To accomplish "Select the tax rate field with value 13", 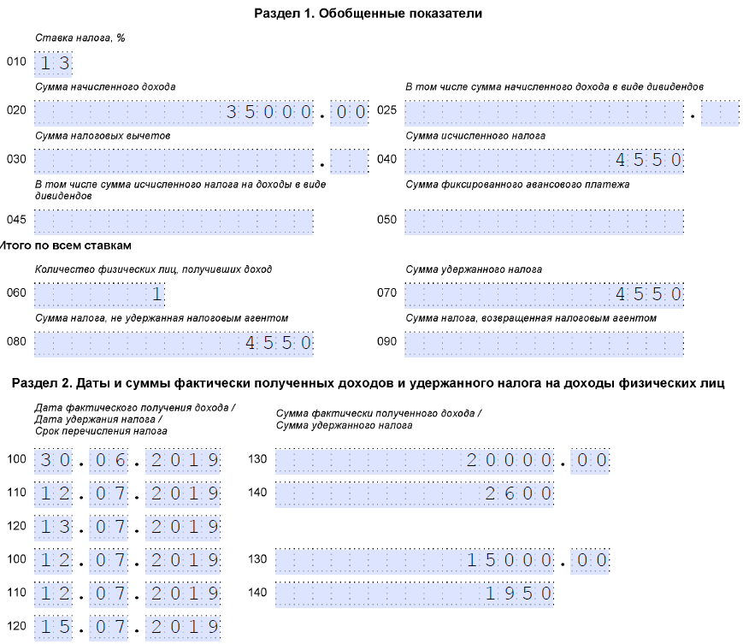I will pos(53,63).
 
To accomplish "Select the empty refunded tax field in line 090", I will pos(544,343).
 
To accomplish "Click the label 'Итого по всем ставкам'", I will pos(66,246).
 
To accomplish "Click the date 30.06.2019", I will pos(127,461).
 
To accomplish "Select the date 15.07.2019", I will pos(127,626).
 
